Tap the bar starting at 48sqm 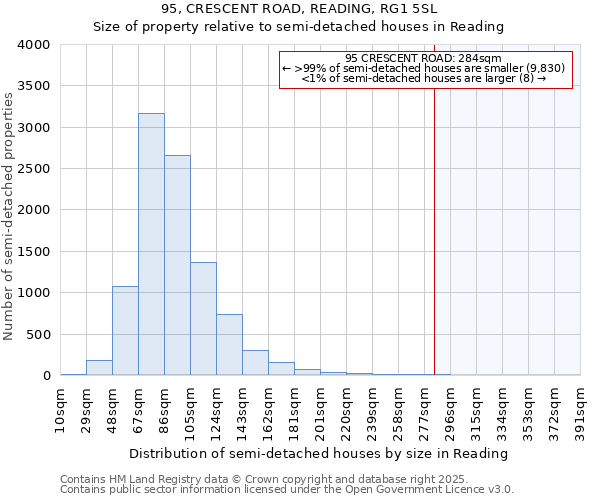point(125,331)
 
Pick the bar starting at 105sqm point(203,319)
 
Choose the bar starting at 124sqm point(229,345)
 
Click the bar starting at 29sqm point(99,368)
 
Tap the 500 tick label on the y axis point(38,334)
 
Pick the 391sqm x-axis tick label point(581,408)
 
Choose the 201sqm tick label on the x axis point(321,408)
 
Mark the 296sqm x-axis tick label point(451,408)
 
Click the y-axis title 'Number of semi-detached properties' point(10,216)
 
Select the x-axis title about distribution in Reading point(320,454)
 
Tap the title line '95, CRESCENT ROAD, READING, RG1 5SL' point(300,9)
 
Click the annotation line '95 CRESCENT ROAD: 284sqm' point(424,58)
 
